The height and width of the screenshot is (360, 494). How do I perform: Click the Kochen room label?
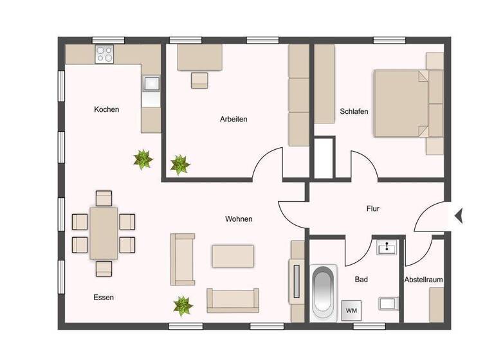(x=106, y=109)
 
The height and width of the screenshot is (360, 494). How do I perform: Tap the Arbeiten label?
(x=233, y=119)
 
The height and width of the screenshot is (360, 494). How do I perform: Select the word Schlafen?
(x=354, y=111)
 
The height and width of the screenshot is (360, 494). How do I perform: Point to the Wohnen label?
(x=239, y=219)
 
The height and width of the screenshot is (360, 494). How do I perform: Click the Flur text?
(x=373, y=209)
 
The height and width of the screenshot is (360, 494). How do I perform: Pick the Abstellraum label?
(x=424, y=280)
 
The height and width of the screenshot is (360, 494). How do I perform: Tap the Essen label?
(x=104, y=297)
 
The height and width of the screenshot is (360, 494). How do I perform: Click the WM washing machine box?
(x=352, y=310)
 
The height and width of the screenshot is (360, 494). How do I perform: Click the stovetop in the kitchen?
(x=105, y=54)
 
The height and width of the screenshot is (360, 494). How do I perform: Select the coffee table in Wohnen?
(x=232, y=255)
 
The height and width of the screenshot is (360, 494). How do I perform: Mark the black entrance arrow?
(x=459, y=216)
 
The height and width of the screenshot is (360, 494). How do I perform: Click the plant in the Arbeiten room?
(x=179, y=165)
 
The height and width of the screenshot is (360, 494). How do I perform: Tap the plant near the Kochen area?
(x=143, y=159)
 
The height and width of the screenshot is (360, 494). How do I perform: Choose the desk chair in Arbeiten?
(x=199, y=80)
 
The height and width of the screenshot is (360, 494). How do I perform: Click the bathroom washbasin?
(x=387, y=248)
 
